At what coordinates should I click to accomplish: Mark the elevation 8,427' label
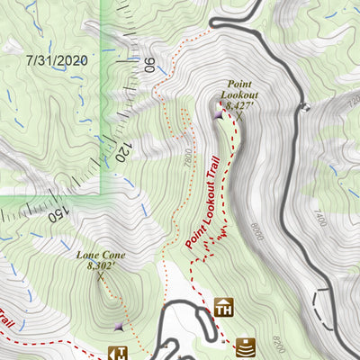click(240, 105)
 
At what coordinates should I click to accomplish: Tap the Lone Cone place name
click(101, 256)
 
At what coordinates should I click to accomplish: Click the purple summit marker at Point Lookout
click(219, 114)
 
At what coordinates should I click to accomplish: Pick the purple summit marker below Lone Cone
click(119, 326)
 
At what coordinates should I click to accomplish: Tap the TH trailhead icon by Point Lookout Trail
click(224, 308)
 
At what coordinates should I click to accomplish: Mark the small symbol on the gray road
click(305, 107)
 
